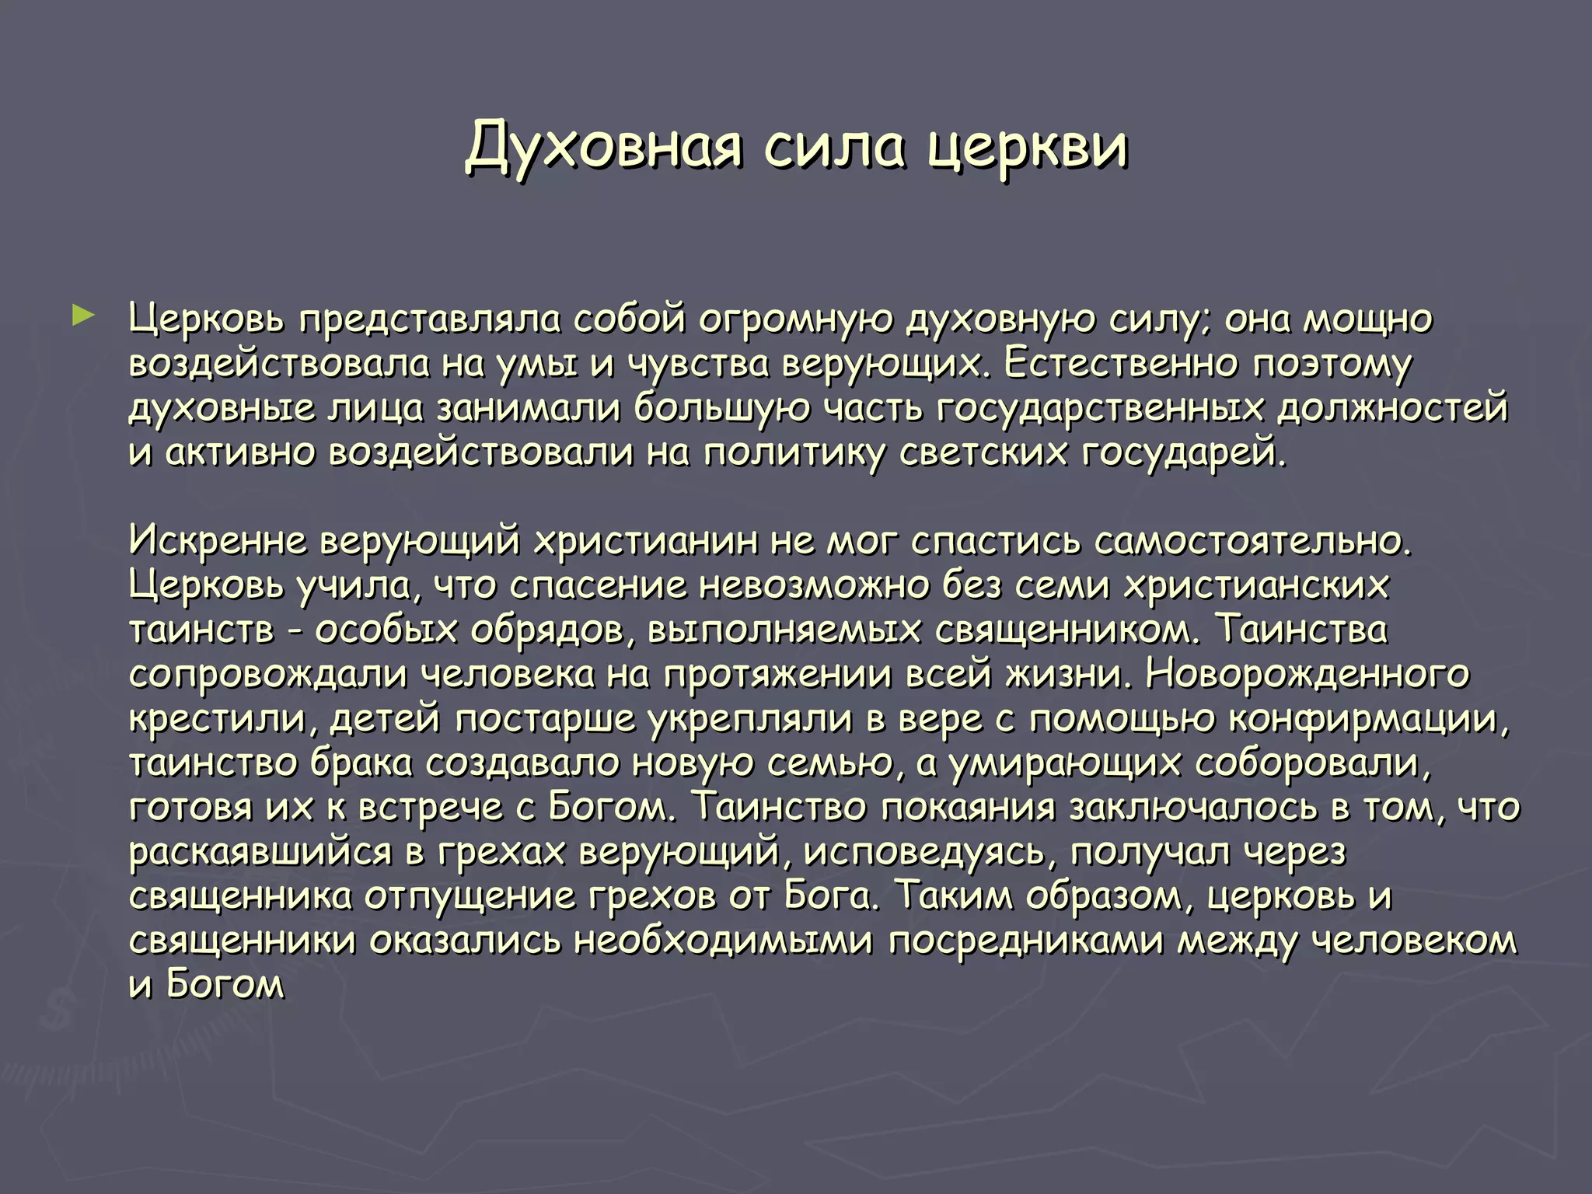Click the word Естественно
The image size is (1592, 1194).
(1119, 364)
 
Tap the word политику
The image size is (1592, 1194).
(794, 453)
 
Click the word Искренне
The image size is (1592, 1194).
(218, 541)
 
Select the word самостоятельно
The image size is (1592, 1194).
(1252, 541)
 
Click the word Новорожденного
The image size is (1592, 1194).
(1307, 674)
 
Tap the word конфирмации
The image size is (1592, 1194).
(1368, 719)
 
